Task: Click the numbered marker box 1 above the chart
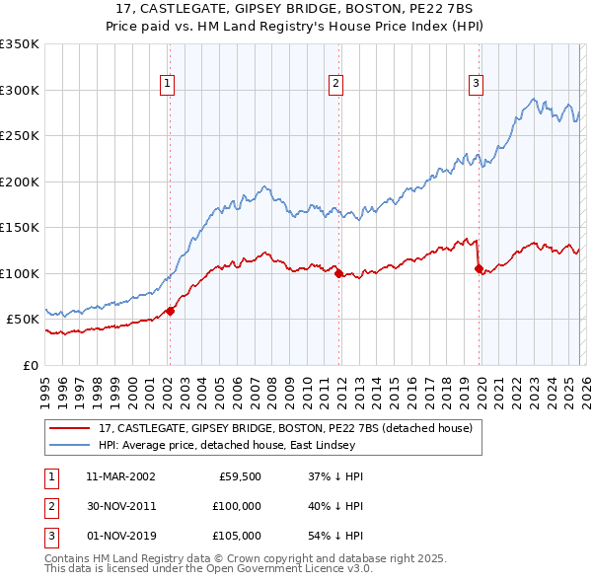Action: (169, 85)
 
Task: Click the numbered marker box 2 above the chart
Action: (336, 85)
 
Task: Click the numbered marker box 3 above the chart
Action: (476, 85)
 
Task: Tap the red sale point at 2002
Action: (170, 311)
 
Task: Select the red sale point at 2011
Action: (338, 274)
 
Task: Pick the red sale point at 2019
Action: (479, 268)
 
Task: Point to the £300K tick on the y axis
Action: (20, 90)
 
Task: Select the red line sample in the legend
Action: (71, 429)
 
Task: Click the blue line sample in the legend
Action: (71, 446)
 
